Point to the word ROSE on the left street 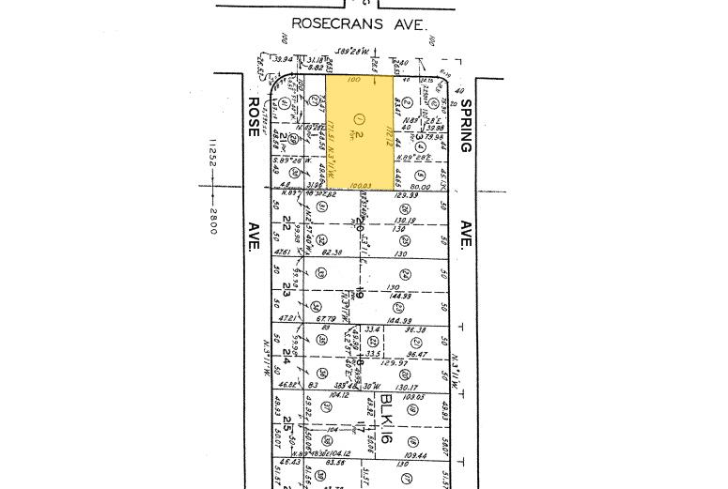253,115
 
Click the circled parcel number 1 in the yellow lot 358,118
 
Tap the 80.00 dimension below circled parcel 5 420,186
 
